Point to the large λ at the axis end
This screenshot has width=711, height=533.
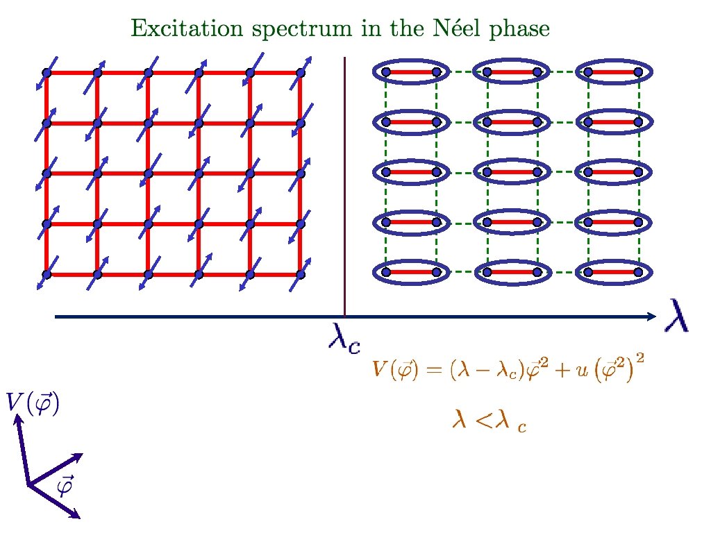pyautogui.click(x=678, y=316)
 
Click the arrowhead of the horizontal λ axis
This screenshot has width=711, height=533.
pyautogui.click(x=651, y=317)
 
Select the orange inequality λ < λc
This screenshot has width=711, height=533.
pyautogui.click(x=489, y=420)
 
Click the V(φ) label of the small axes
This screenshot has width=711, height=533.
pyautogui.click(x=33, y=403)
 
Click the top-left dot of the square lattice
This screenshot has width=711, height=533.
pyautogui.click(x=47, y=73)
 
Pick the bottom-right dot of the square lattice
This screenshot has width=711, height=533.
pyautogui.click(x=301, y=274)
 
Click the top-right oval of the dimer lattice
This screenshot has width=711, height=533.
pyautogui.click(x=612, y=71)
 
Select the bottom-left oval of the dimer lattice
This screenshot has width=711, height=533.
pyautogui.click(x=410, y=273)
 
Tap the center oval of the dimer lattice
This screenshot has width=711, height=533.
pyautogui.click(x=512, y=171)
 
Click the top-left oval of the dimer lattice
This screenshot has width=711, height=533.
pyautogui.click(x=410, y=71)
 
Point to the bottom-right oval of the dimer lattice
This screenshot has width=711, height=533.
pyautogui.click(x=612, y=273)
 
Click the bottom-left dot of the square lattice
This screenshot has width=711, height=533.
pyautogui.click(x=47, y=274)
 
